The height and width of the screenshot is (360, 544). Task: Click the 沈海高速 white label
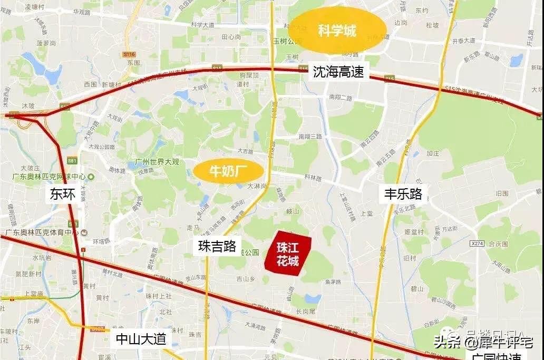click(x=338, y=72)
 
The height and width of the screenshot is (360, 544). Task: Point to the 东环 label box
click(x=63, y=194)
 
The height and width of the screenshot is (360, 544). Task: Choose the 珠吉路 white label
click(x=217, y=246)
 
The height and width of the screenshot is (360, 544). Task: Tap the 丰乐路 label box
click(x=403, y=193)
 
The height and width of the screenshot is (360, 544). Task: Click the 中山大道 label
click(x=141, y=338)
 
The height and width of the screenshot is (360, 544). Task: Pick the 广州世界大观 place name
click(x=158, y=160)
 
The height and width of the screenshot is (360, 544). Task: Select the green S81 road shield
click(x=72, y=160)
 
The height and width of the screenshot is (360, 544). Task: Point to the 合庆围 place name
click(x=498, y=244)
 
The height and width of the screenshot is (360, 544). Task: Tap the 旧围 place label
click(x=502, y=193)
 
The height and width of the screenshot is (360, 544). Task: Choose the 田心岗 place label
click(x=231, y=37)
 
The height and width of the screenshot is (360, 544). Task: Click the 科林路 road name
click(x=313, y=178)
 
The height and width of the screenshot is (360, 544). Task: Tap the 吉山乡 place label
click(x=246, y=278)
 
